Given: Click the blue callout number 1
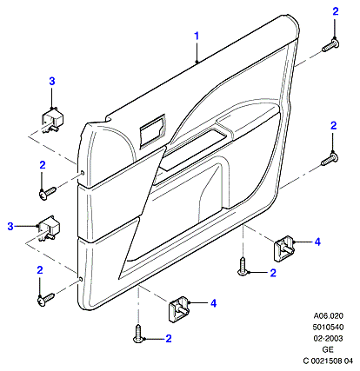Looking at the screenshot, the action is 197,36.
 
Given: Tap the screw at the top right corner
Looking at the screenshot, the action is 330,46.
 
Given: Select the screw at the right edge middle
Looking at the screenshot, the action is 330,160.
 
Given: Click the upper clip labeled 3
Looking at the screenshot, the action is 52,120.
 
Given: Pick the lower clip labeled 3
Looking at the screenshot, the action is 49,228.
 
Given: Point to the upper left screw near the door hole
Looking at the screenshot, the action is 47,193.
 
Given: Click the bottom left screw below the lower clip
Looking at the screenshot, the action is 46,300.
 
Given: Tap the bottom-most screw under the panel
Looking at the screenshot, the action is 138,334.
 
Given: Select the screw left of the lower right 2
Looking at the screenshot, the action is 243,267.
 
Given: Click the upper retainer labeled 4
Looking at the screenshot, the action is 284,248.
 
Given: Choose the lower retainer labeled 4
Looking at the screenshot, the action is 179,308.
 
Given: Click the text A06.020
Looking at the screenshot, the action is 328,315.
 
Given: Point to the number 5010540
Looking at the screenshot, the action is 328,327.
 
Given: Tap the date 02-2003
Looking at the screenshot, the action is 328,338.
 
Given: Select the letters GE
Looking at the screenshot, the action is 328,349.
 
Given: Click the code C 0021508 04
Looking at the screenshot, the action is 328,361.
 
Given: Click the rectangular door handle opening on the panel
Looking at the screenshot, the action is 152,131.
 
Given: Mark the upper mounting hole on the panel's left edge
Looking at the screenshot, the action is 83,173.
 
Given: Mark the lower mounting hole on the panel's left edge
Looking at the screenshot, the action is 81,279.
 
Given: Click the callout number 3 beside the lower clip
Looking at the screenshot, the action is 10,226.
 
